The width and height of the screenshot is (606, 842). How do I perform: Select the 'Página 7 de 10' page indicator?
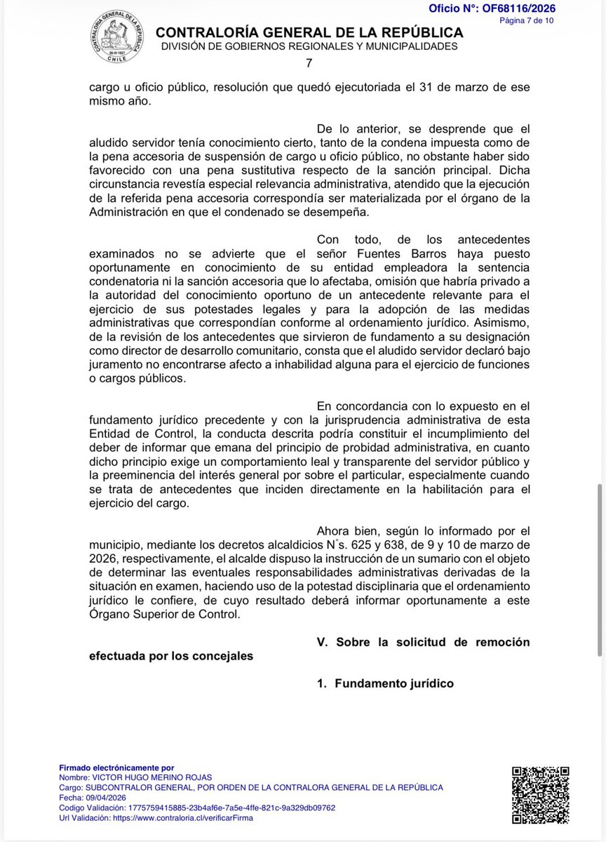[526, 20]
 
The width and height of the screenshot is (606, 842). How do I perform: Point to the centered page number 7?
[309, 63]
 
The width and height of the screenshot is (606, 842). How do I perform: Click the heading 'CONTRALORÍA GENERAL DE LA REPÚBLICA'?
[309, 32]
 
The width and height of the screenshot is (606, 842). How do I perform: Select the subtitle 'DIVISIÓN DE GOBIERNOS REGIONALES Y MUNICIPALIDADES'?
[309, 46]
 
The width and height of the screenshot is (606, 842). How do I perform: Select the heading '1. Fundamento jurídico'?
[385, 683]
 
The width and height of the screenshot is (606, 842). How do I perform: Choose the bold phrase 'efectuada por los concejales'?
[171, 657]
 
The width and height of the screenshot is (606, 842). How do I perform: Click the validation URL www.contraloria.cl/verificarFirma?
[185, 817]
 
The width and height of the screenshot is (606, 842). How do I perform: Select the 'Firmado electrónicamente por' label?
[116, 768]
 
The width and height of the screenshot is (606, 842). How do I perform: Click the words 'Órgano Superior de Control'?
[163, 615]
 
